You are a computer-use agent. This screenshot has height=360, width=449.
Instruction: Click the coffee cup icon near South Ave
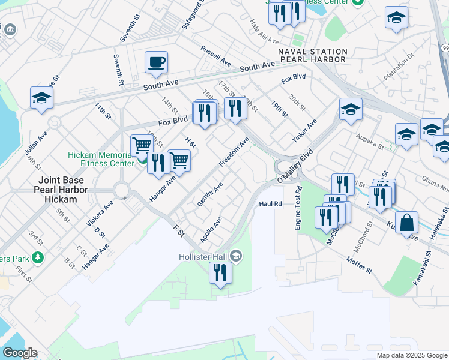[156, 62]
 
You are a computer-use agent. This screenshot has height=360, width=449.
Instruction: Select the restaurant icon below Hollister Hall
[221, 273]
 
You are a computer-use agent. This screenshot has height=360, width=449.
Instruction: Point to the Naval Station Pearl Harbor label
[312, 56]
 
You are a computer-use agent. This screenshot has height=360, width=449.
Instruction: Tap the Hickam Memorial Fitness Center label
[100, 159]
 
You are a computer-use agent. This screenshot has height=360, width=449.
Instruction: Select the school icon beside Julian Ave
[41, 98]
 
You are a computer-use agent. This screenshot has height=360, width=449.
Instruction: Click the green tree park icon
[38, 258]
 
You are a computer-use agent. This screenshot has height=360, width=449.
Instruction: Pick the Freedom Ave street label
[234, 153]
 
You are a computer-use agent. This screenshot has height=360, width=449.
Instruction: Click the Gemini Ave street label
[210, 194]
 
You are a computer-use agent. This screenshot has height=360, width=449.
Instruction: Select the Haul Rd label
[270, 204]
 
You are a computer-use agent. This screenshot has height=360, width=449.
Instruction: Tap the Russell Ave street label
[215, 56]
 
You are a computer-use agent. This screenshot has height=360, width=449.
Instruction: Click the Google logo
[19, 353]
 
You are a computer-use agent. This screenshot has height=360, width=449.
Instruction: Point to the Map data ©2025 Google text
[411, 355]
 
